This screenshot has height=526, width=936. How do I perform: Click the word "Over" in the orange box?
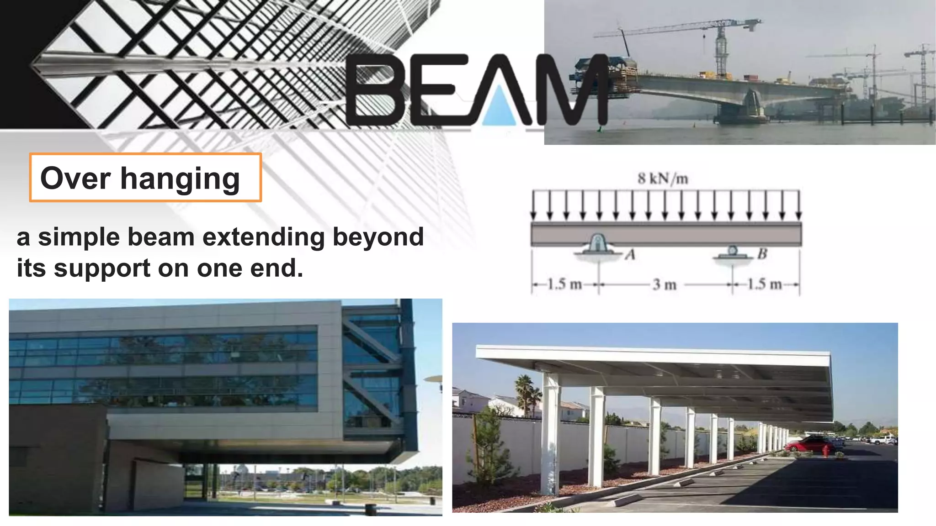[75, 178]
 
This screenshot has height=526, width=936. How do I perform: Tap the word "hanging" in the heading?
[180, 179]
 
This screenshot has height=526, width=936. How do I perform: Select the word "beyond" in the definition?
[378, 237]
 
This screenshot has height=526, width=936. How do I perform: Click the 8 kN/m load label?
[663, 179]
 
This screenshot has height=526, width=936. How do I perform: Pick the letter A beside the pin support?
[630, 255]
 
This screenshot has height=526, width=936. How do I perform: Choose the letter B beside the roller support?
[762, 254]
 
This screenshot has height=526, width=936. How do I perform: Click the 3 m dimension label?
[664, 285]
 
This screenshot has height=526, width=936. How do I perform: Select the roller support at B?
[733, 252]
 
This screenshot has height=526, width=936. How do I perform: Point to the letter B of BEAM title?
[374, 89]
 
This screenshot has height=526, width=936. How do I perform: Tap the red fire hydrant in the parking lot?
[826, 451]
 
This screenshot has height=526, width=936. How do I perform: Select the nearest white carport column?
[550, 434]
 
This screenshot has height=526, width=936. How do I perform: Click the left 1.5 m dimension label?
[564, 284]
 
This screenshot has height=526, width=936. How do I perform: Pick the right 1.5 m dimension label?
[764, 284]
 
